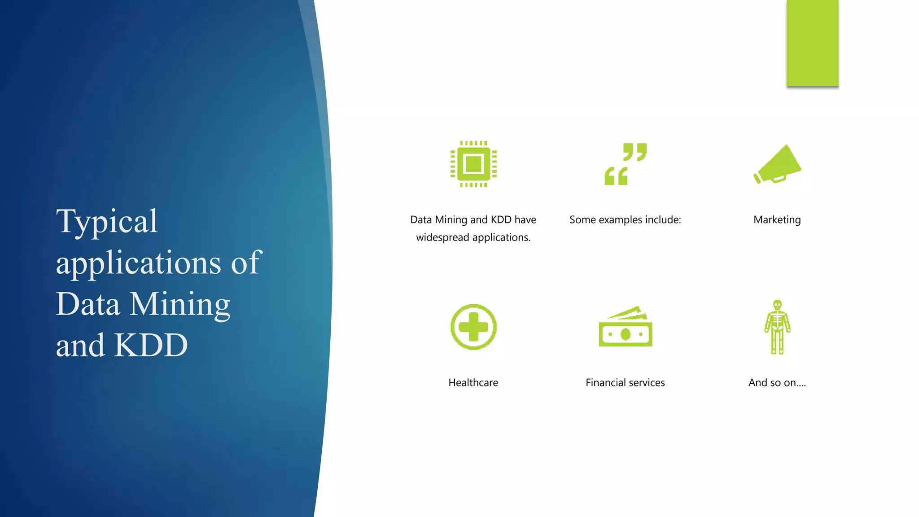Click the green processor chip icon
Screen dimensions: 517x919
pos(473,164)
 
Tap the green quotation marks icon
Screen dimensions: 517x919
pos(626,164)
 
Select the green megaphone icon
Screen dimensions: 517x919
pos(778,165)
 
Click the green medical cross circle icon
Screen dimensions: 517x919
pos(473,327)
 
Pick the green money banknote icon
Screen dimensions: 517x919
pos(626,328)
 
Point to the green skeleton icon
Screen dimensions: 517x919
pos(777,327)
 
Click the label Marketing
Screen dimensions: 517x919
pos(777,220)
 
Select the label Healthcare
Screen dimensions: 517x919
pos(473,383)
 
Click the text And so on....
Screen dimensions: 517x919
pos(777,383)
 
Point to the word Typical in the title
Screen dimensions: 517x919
pos(107,222)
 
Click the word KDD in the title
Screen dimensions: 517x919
pos(151,346)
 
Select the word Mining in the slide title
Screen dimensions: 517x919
pos(180,304)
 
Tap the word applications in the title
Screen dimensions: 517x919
pos(138,263)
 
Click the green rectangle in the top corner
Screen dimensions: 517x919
pos(812,43)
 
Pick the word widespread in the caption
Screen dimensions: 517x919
pos(442,237)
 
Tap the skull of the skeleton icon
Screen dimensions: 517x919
pos(777,305)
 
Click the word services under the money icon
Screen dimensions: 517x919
pos(647,383)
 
